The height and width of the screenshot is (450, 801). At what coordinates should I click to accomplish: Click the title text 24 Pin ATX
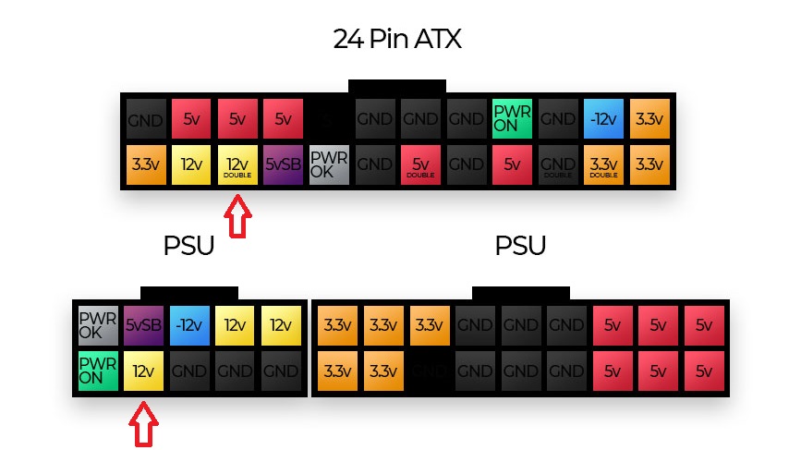tap(396, 40)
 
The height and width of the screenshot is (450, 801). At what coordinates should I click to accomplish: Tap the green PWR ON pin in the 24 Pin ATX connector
tap(511, 119)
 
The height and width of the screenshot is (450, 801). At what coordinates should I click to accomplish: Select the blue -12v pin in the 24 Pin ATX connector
tap(602, 119)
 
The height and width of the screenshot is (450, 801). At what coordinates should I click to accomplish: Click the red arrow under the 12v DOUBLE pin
tap(238, 216)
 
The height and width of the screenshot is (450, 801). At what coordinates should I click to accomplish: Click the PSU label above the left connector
tap(188, 247)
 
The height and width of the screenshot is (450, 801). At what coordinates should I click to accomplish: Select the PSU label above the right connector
tap(520, 247)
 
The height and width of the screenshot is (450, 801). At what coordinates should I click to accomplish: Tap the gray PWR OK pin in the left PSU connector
tap(98, 325)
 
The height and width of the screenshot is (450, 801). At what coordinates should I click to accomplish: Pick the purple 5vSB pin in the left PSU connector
tap(143, 325)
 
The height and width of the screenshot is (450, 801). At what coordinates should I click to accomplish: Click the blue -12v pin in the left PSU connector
tap(189, 325)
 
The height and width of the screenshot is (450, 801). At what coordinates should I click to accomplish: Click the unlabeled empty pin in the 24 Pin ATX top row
tap(329, 119)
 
